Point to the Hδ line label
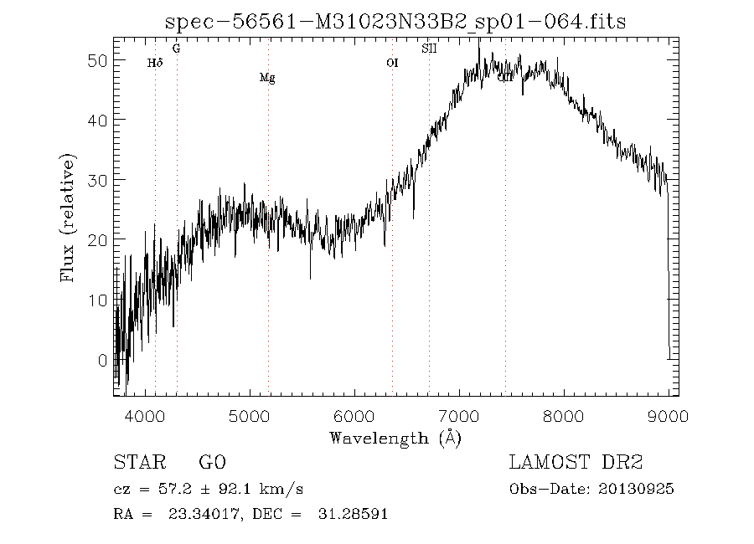point(154,62)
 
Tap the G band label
point(176,49)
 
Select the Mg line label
point(267,78)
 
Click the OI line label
point(392,62)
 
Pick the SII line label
point(429,49)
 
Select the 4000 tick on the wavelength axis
point(146,415)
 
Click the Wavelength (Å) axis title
point(395,437)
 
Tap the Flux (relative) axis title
point(68,218)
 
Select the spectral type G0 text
point(212,462)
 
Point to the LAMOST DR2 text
point(576,462)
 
